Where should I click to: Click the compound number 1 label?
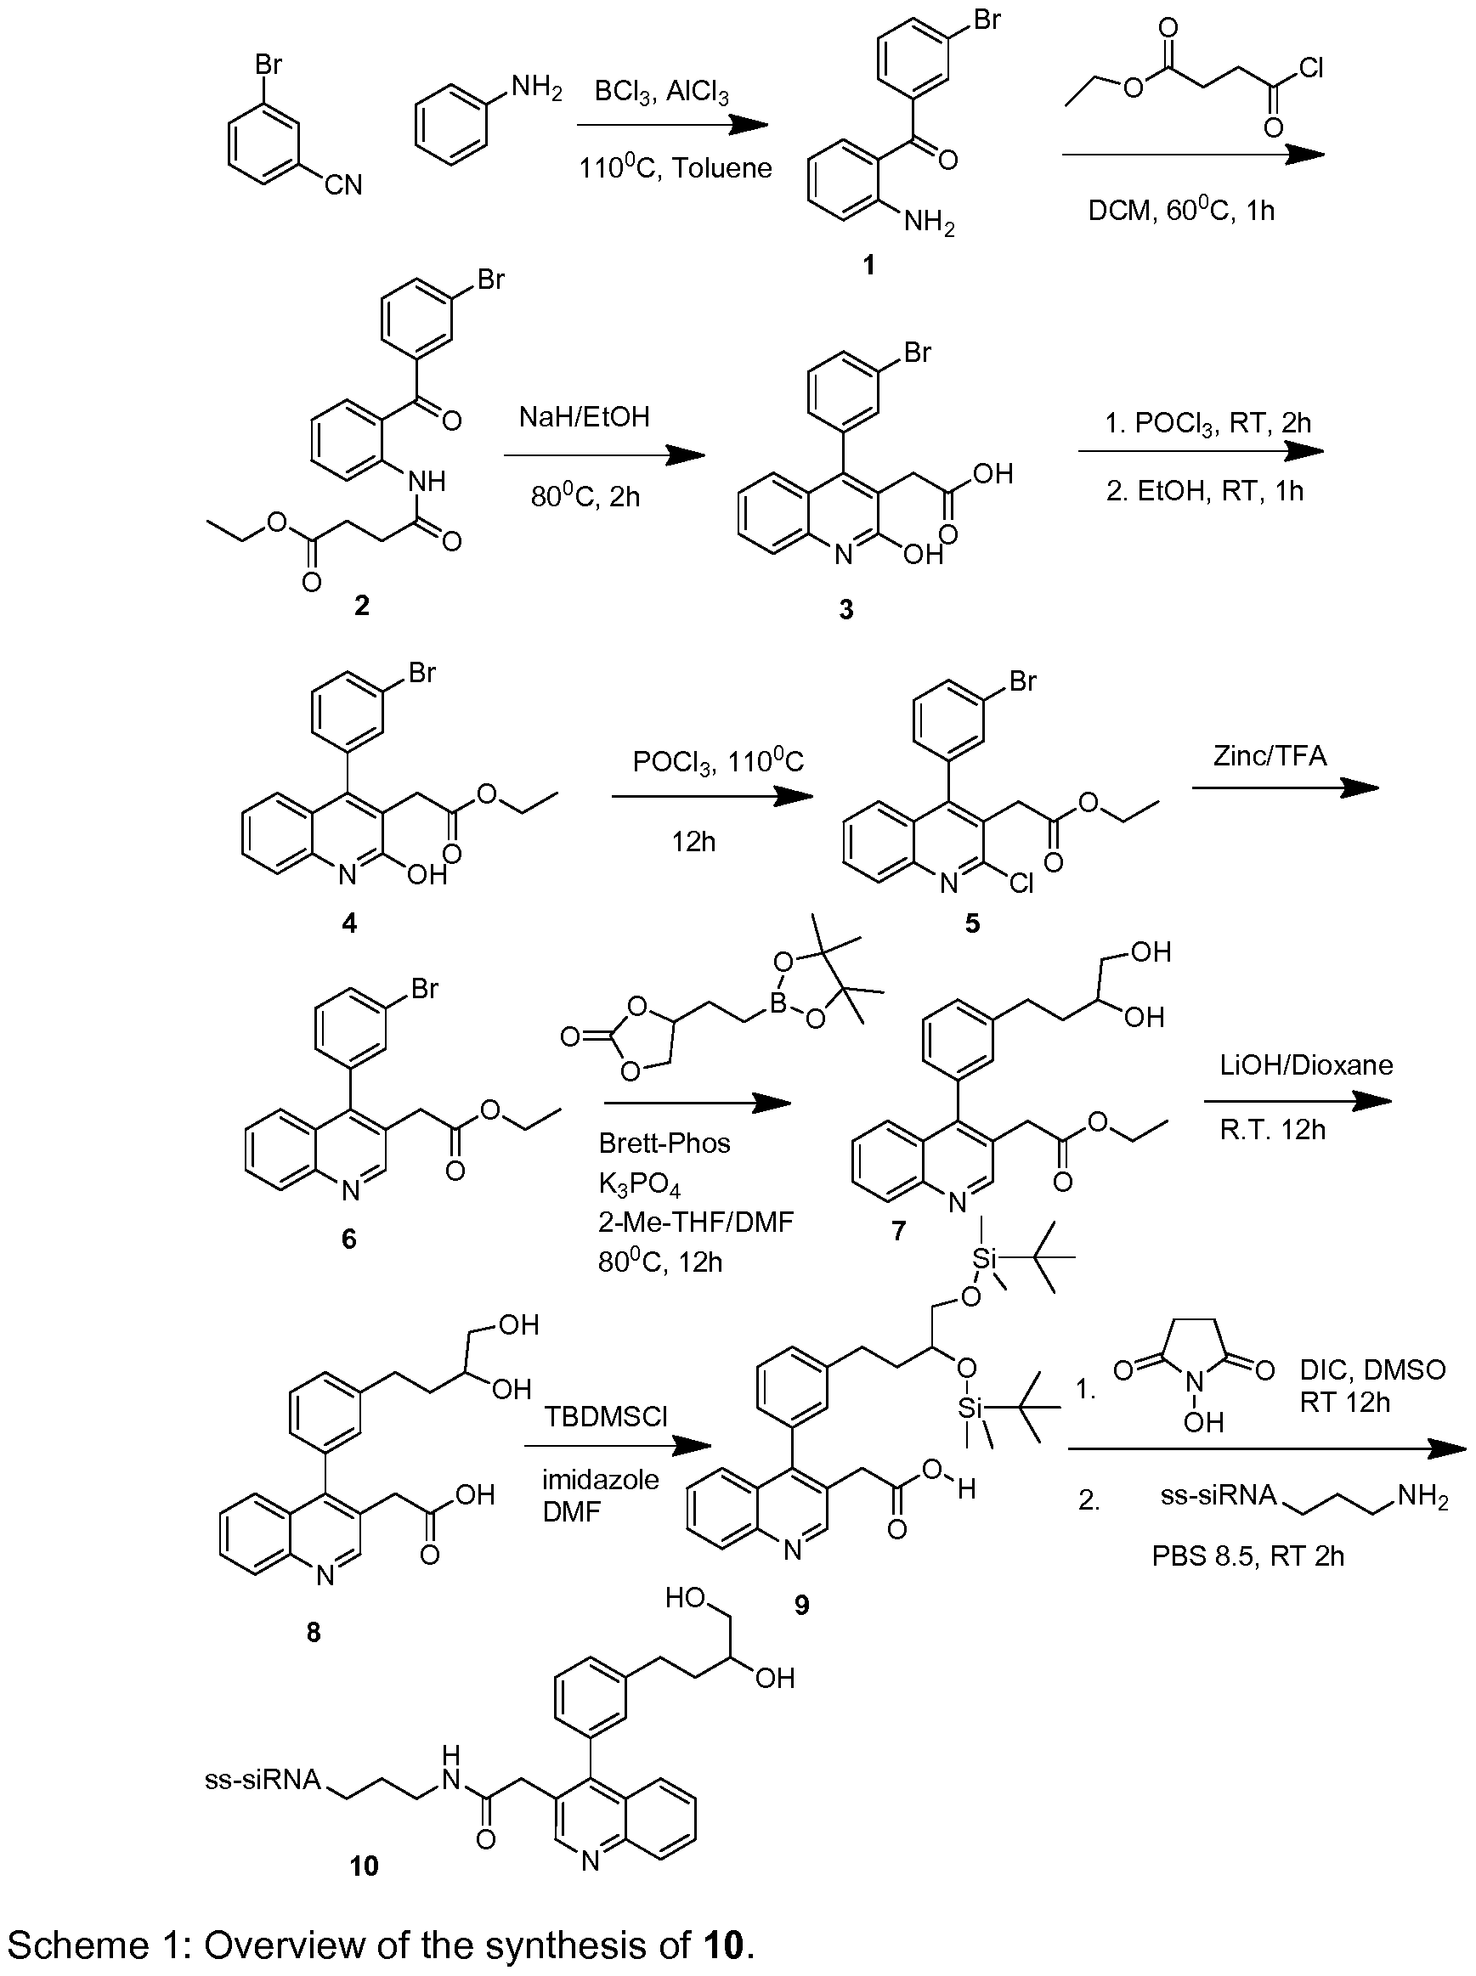(x=869, y=265)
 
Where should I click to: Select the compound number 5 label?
(x=972, y=923)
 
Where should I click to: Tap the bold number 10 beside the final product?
(x=364, y=1866)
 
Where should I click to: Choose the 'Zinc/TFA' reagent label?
(x=1270, y=756)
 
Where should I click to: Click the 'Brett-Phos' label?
(x=664, y=1143)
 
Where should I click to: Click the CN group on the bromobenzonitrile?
(x=344, y=185)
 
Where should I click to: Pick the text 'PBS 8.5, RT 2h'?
(x=1247, y=1555)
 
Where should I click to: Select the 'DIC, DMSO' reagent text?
(x=1372, y=1369)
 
